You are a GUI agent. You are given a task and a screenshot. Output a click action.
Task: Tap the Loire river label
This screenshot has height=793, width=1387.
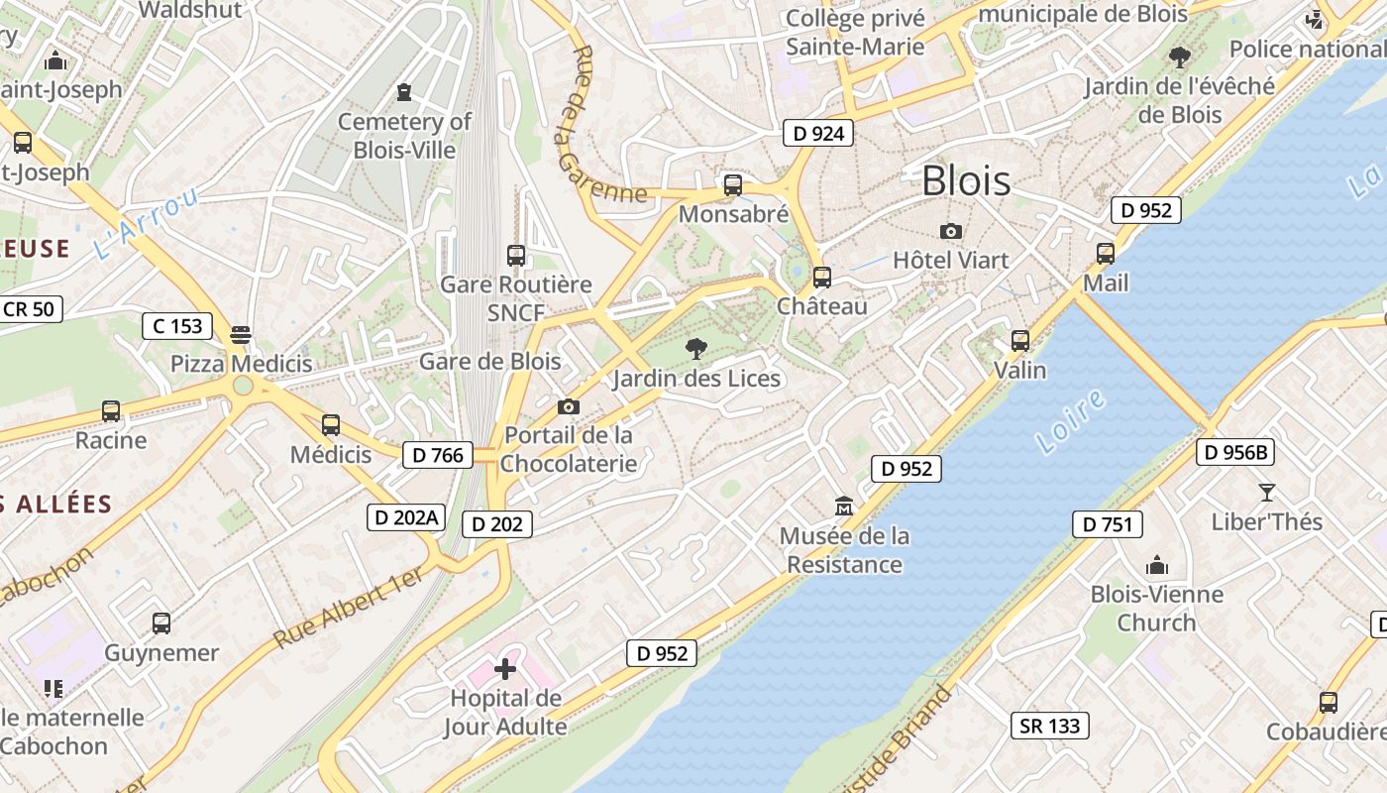tap(1071, 421)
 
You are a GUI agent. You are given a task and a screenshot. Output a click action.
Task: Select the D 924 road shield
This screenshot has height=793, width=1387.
tap(818, 133)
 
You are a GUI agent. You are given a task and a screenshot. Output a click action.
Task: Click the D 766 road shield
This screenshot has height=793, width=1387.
tap(437, 455)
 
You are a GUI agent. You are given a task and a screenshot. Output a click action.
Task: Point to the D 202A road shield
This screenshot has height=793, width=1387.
tap(406, 517)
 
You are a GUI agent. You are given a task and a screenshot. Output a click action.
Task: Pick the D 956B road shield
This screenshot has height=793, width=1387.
tap(1235, 453)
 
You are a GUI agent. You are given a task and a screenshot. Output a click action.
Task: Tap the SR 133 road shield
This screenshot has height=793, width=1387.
tap(1050, 726)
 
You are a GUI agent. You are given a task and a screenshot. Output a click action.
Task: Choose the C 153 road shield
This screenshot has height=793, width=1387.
tap(177, 325)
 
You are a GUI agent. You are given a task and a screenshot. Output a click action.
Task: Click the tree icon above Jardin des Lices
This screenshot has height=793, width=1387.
tap(696, 348)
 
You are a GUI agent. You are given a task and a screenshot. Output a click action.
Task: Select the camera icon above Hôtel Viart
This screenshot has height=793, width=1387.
tap(951, 232)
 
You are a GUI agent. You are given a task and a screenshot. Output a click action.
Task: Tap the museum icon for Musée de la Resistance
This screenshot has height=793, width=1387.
tap(844, 507)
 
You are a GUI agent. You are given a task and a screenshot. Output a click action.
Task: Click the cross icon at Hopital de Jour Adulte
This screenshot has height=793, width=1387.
tap(505, 669)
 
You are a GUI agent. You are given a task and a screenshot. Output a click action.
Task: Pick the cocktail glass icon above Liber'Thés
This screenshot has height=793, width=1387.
tap(1266, 492)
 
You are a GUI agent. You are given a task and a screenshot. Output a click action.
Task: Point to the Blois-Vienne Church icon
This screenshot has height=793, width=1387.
tap(1157, 565)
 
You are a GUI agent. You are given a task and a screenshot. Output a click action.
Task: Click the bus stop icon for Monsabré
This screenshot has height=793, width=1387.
tap(733, 184)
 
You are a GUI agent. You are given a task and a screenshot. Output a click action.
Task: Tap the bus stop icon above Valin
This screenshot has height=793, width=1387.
tap(1020, 341)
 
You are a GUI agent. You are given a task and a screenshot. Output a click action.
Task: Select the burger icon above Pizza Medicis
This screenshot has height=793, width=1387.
tap(241, 334)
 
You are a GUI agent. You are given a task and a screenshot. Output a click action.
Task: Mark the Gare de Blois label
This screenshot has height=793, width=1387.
tap(489, 361)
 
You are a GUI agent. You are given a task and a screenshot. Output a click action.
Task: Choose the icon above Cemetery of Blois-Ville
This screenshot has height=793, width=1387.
tap(404, 92)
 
